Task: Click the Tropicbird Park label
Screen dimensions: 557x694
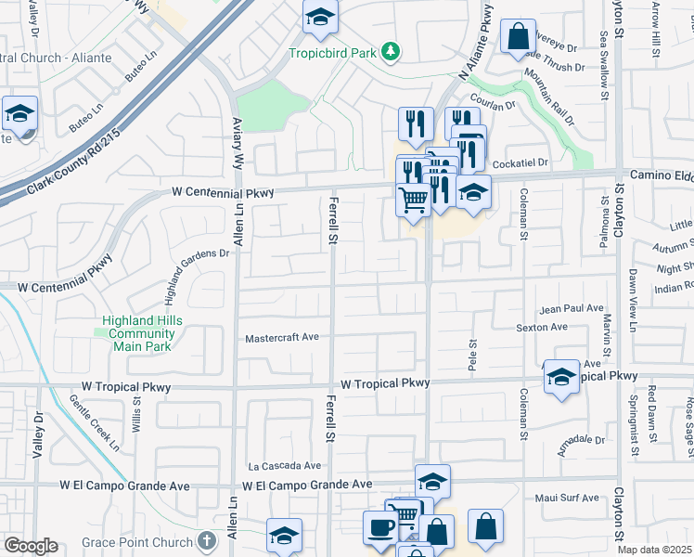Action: pyautogui.click(x=333, y=53)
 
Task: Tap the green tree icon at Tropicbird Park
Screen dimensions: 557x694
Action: pyautogui.click(x=392, y=52)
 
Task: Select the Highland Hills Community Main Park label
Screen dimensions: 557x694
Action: pyautogui.click(x=142, y=333)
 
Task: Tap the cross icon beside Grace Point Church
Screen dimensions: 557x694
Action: pyautogui.click(x=209, y=541)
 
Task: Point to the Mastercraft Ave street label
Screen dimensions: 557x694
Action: pyautogui.click(x=282, y=339)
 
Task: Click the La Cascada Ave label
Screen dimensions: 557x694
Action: pyautogui.click(x=284, y=466)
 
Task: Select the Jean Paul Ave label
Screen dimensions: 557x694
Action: pyautogui.click(x=572, y=309)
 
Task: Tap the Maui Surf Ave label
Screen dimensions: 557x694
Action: pyautogui.click(x=567, y=499)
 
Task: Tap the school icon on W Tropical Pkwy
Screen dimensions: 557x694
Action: pyautogui.click(x=561, y=376)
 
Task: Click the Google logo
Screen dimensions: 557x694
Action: pyautogui.click(x=31, y=546)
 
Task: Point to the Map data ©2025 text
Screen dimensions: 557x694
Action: pyautogui.click(x=654, y=550)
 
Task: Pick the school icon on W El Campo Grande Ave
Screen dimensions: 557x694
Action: pyautogui.click(x=432, y=481)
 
